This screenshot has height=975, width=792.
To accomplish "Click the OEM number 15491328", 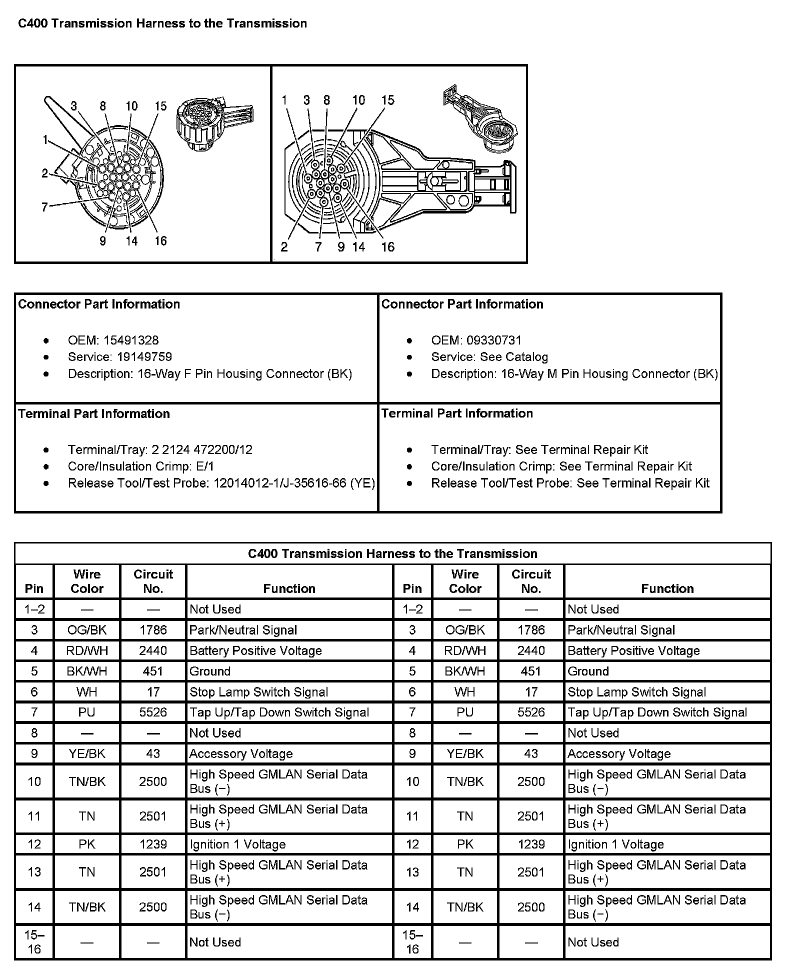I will click(x=130, y=340).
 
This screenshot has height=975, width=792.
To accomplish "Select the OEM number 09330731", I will click(x=494, y=340).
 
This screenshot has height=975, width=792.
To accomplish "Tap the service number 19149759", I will click(x=144, y=357).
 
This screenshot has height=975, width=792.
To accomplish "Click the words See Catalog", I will click(x=514, y=357).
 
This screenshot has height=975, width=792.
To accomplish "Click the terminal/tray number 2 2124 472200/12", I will click(x=201, y=450).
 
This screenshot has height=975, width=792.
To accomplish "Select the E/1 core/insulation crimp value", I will click(x=204, y=466).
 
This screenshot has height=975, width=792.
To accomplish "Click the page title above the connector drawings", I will click(x=162, y=23).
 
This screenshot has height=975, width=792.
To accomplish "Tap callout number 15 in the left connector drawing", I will click(x=160, y=106).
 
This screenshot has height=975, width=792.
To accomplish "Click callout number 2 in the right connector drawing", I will click(x=284, y=247).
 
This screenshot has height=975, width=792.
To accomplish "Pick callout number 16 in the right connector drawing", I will click(x=388, y=247).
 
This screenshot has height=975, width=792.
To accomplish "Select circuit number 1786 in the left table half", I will click(x=153, y=630).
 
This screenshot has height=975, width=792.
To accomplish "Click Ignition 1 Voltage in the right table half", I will click(x=615, y=844).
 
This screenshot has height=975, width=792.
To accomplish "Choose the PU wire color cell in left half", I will click(x=86, y=712).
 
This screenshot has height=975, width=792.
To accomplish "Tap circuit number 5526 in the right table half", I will click(x=531, y=712).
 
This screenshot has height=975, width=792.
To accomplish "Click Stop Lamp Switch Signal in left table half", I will click(x=258, y=692).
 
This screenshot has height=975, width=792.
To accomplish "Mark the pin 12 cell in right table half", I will click(x=412, y=844).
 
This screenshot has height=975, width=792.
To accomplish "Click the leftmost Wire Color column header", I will click(x=86, y=581).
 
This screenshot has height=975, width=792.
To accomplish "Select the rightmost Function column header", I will click(x=667, y=588).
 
